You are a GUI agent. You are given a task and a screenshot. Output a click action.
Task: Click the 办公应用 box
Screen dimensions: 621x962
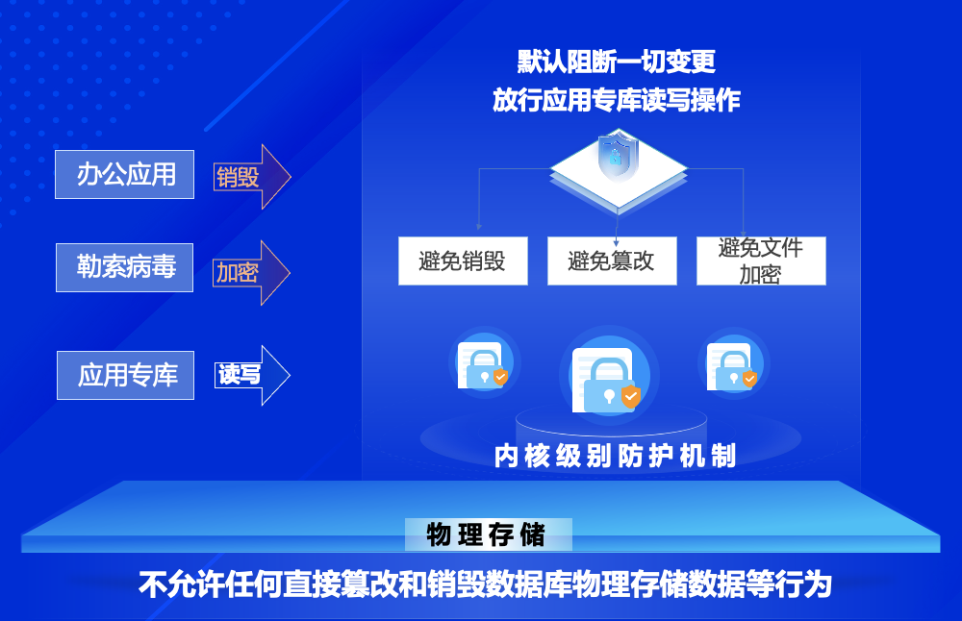(124, 174)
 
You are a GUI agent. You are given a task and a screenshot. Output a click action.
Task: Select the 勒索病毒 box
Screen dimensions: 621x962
(124, 266)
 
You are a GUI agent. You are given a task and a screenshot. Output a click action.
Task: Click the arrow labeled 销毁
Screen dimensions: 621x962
(250, 177)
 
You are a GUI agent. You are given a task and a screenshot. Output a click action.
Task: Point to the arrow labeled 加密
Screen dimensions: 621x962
(250, 273)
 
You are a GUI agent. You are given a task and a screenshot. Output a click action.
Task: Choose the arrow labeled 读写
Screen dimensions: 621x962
(250, 375)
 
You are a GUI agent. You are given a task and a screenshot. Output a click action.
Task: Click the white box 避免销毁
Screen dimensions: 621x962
(463, 261)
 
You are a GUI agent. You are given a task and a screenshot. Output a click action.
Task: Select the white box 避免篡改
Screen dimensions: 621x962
(612, 261)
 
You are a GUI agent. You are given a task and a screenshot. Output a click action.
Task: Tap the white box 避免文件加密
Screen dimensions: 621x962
(761, 261)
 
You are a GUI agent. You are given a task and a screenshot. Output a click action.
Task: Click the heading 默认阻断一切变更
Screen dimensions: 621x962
(617, 62)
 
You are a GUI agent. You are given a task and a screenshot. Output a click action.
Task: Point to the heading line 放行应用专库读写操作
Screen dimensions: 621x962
(617, 100)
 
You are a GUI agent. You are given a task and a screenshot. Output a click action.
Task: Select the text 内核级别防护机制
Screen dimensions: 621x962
(616, 456)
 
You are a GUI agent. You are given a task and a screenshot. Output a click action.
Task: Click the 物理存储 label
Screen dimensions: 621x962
(486, 534)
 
